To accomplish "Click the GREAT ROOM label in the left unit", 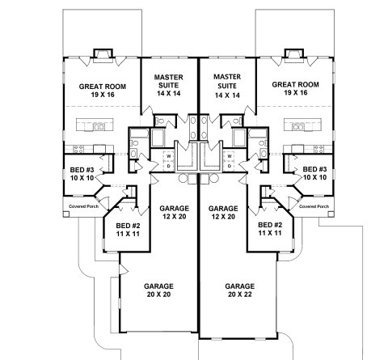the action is point(103,91).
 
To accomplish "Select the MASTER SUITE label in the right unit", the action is point(227,86).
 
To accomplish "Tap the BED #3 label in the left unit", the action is point(82,174).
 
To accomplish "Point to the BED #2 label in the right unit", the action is point(270,229).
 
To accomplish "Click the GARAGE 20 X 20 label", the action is point(158,290).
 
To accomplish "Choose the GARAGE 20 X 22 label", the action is point(240,290).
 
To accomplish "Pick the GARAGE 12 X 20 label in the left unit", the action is point(175,212).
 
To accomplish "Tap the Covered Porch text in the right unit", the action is point(314,206).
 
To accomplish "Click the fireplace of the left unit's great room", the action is point(103,56).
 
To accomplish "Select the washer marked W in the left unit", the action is point(169,156).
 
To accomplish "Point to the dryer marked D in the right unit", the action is point(230,166).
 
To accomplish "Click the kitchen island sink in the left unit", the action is point(99,126).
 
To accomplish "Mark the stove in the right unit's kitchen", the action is point(318,149).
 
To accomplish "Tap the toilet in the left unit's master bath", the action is point(160,121).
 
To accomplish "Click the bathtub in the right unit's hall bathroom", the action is point(258,133).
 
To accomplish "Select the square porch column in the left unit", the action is point(66,214).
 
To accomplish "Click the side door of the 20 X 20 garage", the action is point(123,269).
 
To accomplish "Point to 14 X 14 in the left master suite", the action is point(169,94).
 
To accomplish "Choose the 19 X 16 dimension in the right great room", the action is point(295,93).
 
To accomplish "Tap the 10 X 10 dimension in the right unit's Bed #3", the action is point(314,177).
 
